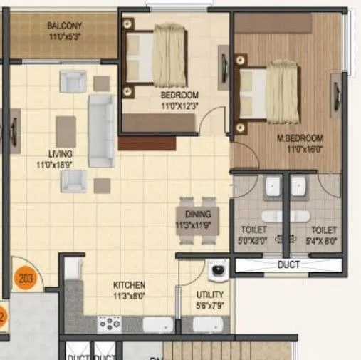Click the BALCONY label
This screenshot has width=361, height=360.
click(x=65, y=26)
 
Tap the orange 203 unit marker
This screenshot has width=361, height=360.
click(x=26, y=279)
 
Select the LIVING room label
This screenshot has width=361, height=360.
click(x=61, y=153)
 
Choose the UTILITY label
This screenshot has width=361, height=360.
click(x=210, y=294)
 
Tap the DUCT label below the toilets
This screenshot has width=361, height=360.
click(x=288, y=265)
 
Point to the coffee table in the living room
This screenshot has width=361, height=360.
click(x=66, y=130)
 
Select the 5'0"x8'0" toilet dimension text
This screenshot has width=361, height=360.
click(x=254, y=240)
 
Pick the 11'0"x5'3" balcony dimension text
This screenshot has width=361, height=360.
click(x=65, y=35)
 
